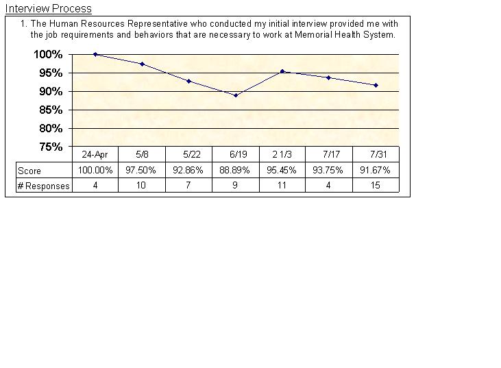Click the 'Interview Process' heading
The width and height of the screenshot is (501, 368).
click(48, 9)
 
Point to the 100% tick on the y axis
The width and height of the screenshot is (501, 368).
click(49, 54)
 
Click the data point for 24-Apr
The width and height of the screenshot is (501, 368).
click(95, 54)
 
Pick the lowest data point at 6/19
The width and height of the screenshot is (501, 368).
click(236, 95)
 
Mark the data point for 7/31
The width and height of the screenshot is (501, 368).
click(376, 85)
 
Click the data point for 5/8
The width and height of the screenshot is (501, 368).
click(142, 64)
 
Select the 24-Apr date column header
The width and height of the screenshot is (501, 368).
click(95, 155)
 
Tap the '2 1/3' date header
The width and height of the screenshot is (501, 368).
click(282, 155)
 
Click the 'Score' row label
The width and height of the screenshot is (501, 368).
click(29, 171)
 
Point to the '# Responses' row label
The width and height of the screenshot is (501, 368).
click(43, 186)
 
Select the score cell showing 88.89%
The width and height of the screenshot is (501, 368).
click(235, 170)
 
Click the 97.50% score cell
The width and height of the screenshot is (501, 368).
click(142, 170)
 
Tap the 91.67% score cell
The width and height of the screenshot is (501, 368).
click(376, 170)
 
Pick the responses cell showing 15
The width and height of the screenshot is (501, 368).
click(376, 186)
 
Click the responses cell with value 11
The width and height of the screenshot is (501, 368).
click(282, 186)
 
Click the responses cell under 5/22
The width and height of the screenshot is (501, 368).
click(188, 186)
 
